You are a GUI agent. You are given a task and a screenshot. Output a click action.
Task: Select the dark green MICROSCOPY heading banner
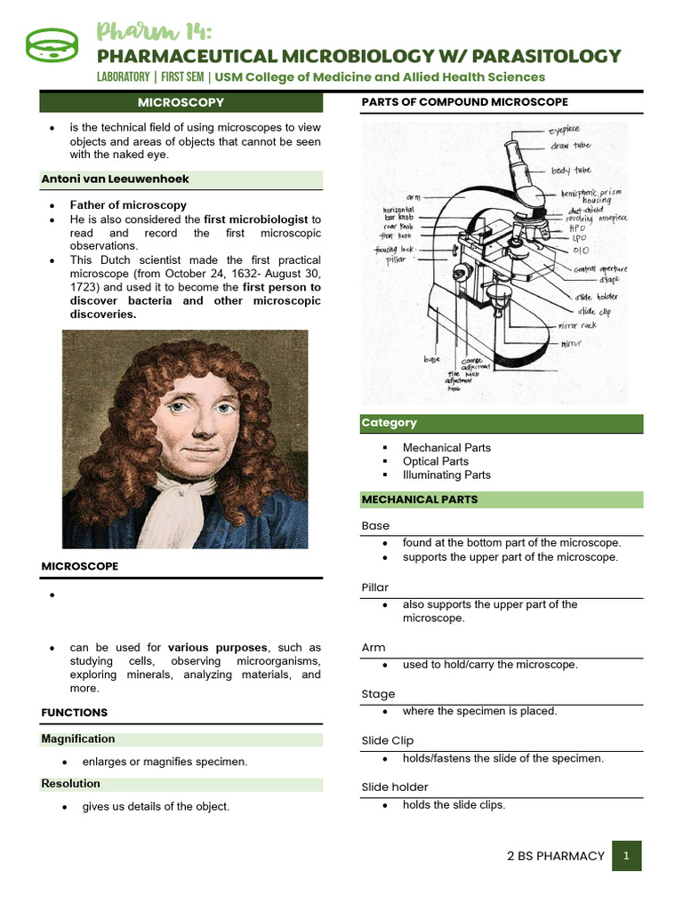click(x=181, y=103)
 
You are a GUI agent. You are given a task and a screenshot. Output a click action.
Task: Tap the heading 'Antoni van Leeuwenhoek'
click(x=116, y=179)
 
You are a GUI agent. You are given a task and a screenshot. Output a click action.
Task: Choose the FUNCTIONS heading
click(x=75, y=713)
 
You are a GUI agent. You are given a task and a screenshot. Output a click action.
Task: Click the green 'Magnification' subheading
click(x=78, y=738)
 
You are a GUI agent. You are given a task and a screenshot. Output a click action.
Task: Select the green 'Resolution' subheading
click(x=71, y=784)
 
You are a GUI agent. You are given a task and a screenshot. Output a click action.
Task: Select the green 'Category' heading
click(x=389, y=423)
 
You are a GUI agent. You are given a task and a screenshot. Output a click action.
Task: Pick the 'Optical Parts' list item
click(x=435, y=461)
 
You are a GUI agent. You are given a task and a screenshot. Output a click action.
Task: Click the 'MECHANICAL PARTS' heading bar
click(x=420, y=499)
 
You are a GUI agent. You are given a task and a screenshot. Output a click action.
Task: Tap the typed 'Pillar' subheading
click(x=375, y=587)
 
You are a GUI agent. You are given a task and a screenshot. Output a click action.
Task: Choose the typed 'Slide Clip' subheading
click(x=388, y=740)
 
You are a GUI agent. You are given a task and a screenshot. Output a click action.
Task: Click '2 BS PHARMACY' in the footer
click(x=555, y=856)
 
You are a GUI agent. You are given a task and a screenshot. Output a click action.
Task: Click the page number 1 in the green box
click(x=626, y=856)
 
